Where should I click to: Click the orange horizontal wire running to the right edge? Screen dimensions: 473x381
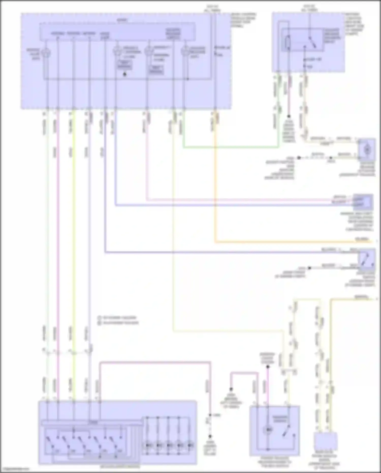pos(292,242)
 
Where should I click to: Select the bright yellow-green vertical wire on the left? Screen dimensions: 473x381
pos(74,229)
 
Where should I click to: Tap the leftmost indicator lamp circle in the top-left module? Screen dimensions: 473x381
pos(47,53)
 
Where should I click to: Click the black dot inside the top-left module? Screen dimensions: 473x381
pos(124,74)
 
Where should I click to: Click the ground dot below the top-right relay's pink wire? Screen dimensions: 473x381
pos(289,117)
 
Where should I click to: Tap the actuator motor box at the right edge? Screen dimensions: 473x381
pos(367,150)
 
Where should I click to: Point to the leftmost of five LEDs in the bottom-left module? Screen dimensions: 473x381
pos(147,446)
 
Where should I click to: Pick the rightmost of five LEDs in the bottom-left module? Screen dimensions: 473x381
pos(190,446)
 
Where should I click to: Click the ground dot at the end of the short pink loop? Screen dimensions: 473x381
pos(231,389)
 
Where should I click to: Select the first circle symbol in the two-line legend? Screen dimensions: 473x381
pos(99,317)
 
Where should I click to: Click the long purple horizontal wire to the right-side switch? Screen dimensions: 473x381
pos(229,252)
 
